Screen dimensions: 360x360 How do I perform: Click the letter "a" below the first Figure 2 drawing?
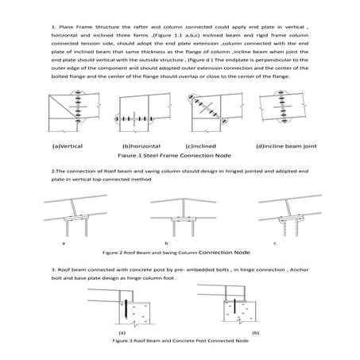pos(64,242)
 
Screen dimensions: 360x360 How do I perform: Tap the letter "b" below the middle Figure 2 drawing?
pos(165,242)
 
